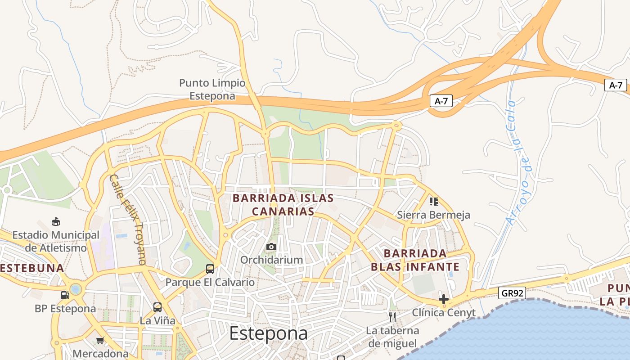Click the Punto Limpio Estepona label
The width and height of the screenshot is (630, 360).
[x=212, y=90]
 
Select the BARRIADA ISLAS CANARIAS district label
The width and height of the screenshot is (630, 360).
[x=283, y=205]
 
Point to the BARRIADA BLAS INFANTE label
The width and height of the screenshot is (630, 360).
[x=415, y=260]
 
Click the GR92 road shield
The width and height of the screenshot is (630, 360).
[x=513, y=293]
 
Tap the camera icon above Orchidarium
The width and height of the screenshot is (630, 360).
[x=271, y=247]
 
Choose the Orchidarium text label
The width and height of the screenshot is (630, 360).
[x=271, y=260]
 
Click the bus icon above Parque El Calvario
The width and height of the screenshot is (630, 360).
[x=210, y=269]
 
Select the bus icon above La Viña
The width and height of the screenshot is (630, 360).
[x=157, y=307]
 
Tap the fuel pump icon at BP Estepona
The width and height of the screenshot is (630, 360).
[x=65, y=295]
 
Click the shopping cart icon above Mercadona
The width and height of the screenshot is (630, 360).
[x=100, y=340]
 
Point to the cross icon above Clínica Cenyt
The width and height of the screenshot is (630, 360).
[x=444, y=299]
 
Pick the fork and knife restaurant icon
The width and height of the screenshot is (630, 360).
[x=392, y=317]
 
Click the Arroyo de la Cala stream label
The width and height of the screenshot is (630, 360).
[x=518, y=162]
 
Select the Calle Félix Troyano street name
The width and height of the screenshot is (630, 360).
[x=128, y=219]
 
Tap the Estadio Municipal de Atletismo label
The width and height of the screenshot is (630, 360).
[x=56, y=241]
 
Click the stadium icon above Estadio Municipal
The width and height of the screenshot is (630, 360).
[x=56, y=221]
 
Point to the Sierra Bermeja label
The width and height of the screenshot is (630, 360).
[x=433, y=215]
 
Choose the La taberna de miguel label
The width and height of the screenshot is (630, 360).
[x=392, y=337]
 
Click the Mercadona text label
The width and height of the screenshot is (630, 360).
[x=100, y=354]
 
